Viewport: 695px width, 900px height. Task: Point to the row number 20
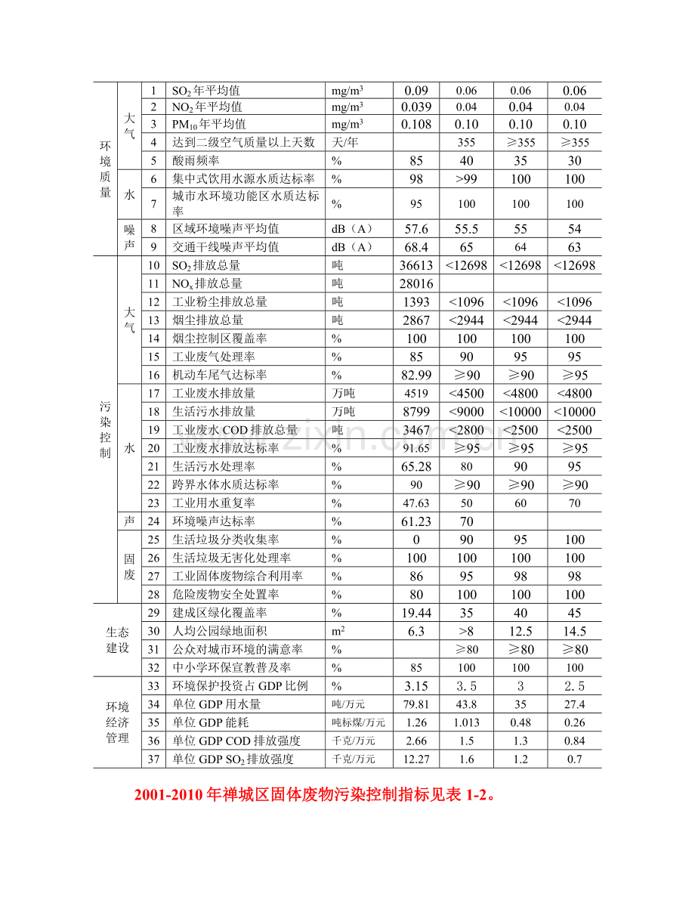154,448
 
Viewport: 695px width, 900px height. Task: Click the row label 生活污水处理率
214,466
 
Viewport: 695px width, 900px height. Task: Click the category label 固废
129,567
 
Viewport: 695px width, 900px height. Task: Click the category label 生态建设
117,640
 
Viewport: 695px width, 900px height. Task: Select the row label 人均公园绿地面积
220,631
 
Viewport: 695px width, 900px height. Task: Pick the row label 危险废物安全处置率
226,595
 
